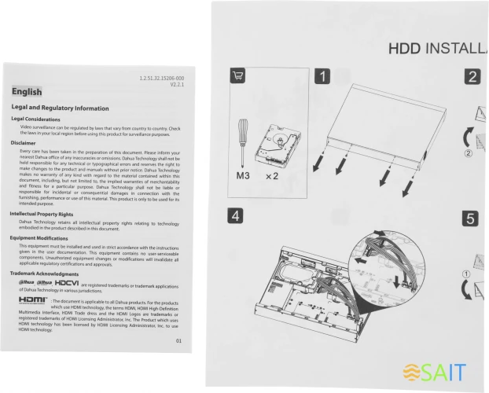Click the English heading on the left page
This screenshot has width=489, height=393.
[x=27, y=92]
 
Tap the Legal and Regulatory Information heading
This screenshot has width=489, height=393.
[x=60, y=107]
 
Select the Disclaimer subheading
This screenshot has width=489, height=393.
[x=28, y=143]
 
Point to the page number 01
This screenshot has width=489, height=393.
[x=178, y=340]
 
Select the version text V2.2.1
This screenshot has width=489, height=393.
[x=177, y=86]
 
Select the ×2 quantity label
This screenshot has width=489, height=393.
[x=273, y=177]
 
